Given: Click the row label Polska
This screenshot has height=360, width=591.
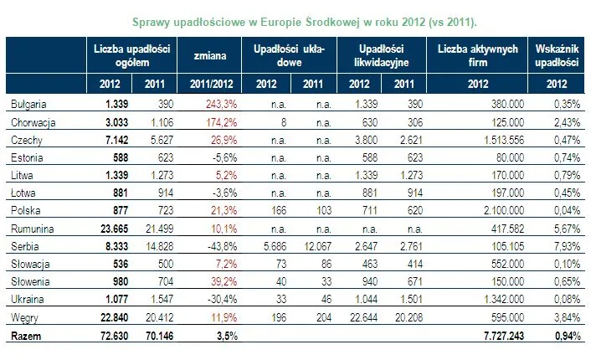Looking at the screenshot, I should [x=27, y=209].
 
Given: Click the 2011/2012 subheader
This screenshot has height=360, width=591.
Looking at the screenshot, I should [x=212, y=83].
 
